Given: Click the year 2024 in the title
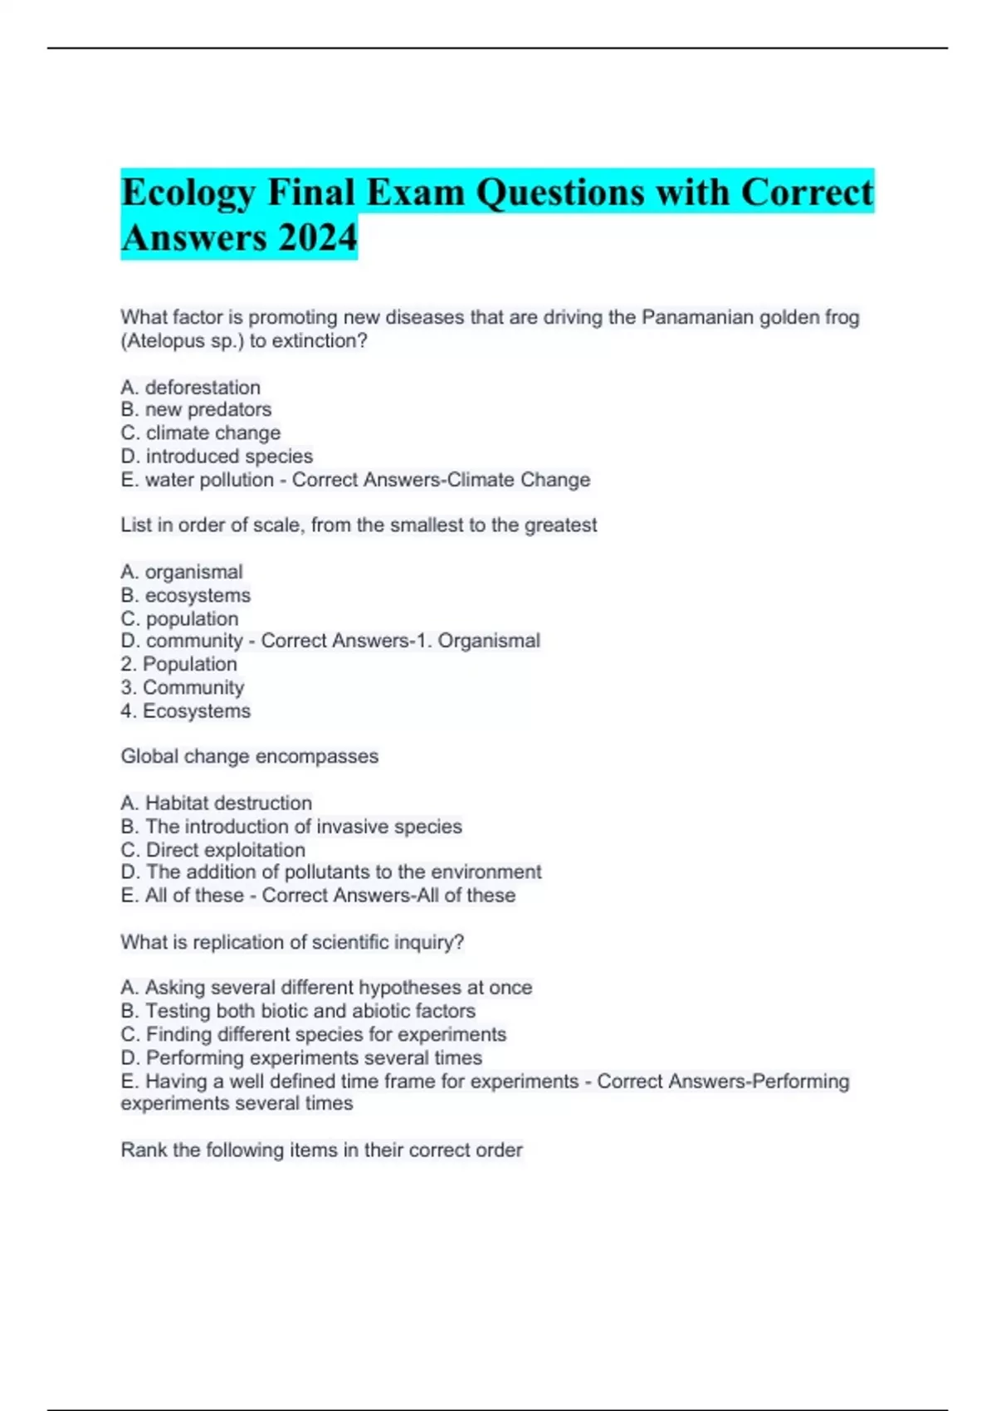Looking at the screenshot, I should click(318, 237).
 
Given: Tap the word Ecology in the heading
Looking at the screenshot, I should click(188, 193).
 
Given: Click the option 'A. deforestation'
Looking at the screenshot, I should click(190, 388).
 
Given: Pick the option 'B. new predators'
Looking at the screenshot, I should click(196, 410).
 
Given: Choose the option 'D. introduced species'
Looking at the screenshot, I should click(217, 456).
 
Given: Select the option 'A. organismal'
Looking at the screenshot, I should click(182, 572).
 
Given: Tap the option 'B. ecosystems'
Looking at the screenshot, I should click(185, 595).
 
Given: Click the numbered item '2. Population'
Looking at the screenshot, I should click(178, 664).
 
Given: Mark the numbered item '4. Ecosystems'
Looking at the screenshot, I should click(185, 711).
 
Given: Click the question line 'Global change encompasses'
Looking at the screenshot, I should click(249, 756).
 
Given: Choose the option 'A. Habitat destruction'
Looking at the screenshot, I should click(216, 803).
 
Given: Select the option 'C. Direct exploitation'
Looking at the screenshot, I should click(212, 850).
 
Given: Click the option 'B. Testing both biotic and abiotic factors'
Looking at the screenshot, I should click(298, 1011).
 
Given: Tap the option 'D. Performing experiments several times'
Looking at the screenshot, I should click(301, 1058).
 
